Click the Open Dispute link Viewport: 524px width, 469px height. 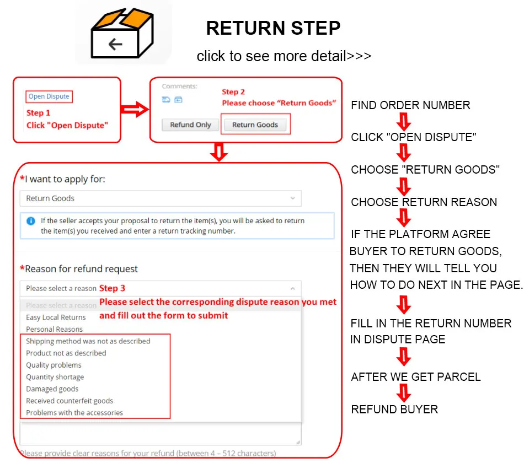click(49, 96)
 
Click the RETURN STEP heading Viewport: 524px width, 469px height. click(273, 28)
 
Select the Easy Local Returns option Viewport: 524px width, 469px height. click(56, 317)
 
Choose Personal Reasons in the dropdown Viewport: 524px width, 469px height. click(54, 329)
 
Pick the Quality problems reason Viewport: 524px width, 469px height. click(54, 365)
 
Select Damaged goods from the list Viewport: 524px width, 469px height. click(52, 389)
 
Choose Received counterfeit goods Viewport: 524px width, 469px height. click(69, 401)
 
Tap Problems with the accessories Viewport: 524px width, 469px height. click(74, 413)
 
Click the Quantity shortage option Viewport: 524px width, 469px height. click(55, 377)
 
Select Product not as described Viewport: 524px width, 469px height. click(66, 353)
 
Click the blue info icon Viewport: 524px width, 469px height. click(31, 221)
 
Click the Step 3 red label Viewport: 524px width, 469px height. click(112, 288)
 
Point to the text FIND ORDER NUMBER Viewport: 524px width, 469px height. click(410, 105)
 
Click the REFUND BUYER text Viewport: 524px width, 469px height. click(394, 409)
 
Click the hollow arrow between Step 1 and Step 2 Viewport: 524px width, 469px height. click(135, 110)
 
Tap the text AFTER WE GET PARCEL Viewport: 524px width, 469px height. click(416, 377)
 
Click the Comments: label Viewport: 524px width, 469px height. click(179, 87)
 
